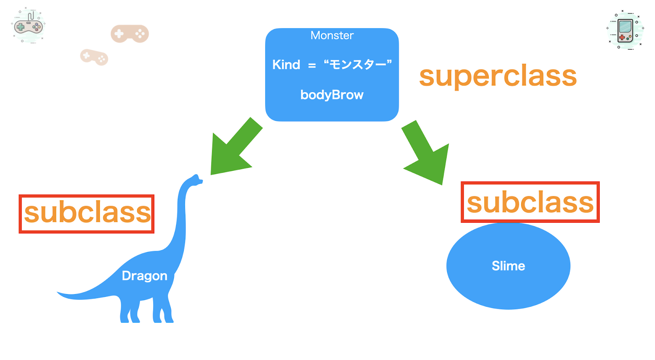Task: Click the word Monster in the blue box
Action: pyautogui.click(x=332, y=35)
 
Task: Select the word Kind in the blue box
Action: pyautogui.click(x=286, y=65)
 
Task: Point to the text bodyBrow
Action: pyautogui.click(x=332, y=95)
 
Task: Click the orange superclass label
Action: pyautogui.click(x=498, y=76)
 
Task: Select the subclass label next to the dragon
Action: pyautogui.click(x=87, y=214)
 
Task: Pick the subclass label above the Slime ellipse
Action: pyautogui.click(x=530, y=202)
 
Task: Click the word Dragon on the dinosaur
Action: pyautogui.click(x=145, y=276)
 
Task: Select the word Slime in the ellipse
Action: pyautogui.click(x=508, y=266)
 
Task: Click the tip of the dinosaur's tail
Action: pyautogui.click(x=57, y=292)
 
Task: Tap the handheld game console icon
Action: pyautogui.click(x=625, y=30)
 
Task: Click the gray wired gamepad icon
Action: pyautogui.click(x=28, y=26)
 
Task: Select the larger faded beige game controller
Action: pyautogui.click(x=130, y=34)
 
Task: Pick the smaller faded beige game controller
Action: pyautogui.click(x=94, y=57)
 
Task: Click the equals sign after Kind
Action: pyautogui.click(x=312, y=66)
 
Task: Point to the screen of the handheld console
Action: pyautogui.click(x=625, y=27)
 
